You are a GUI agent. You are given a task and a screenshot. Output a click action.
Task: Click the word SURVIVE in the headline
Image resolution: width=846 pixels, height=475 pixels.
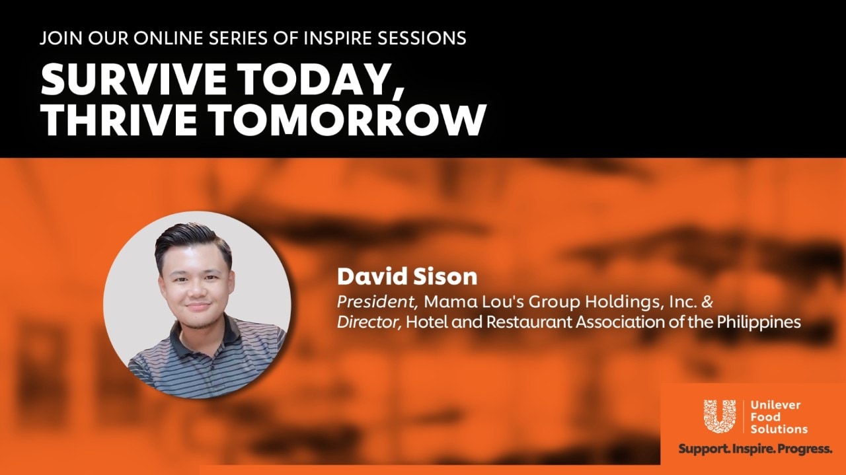pyautogui.click(x=134, y=79)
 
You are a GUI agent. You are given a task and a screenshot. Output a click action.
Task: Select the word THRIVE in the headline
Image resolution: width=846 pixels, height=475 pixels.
pyautogui.click(x=118, y=120)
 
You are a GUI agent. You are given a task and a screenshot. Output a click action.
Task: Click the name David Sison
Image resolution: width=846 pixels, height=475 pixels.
pyautogui.click(x=407, y=277)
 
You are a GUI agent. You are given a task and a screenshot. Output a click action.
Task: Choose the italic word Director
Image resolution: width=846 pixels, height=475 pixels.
pyautogui.click(x=369, y=322)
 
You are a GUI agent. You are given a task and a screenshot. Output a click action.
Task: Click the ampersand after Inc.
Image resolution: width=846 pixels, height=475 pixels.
pyautogui.click(x=707, y=302)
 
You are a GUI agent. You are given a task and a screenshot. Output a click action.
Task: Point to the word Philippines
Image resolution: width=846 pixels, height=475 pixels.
pyautogui.click(x=759, y=322)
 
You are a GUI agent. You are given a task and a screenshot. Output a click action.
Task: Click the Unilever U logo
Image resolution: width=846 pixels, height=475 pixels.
pyautogui.click(x=720, y=416)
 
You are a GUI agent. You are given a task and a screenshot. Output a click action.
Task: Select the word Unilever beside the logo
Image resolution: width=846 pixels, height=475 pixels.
pyautogui.click(x=775, y=405)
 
